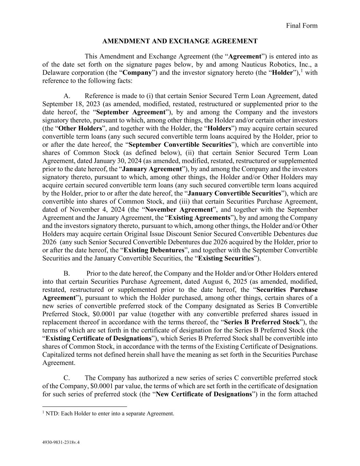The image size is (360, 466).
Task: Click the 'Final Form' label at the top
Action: click(301, 26)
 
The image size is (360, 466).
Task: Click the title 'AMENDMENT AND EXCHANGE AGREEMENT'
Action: click(180, 41)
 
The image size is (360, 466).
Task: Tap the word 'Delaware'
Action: click(54, 73)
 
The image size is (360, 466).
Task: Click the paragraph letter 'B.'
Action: click(67, 273)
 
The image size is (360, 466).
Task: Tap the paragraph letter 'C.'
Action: click(67, 378)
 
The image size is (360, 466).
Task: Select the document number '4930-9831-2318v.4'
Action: click(61, 443)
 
